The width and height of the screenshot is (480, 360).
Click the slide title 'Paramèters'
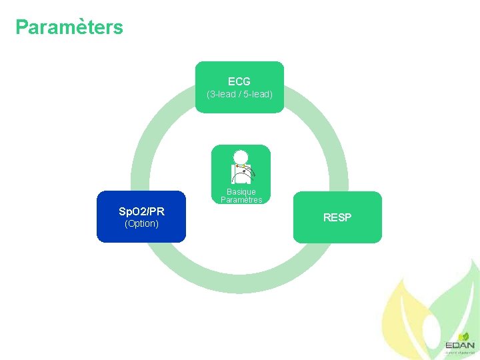(x=69, y=27)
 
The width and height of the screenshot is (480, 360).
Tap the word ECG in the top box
(x=239, y=81)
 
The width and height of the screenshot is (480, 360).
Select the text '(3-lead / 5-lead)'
(x=239, y=95)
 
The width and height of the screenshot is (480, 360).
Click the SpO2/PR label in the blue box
(x=141, y=211)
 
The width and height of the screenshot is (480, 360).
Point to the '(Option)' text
(x=141, y=223)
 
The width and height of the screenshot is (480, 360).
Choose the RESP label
(x=337, y=217)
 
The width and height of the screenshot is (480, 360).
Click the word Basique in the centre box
(x=241, y=192)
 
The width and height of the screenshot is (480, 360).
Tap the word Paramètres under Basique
(x=241, y=199)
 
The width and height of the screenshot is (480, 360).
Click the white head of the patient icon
(x=241, y=157)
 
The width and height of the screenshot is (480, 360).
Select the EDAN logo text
(x=460, y=345)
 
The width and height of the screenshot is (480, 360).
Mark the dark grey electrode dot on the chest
(x=245, y=172)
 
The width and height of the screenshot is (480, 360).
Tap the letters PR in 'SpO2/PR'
(x=157, y=211)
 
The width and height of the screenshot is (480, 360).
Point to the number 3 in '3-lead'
(x=212, y=95)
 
